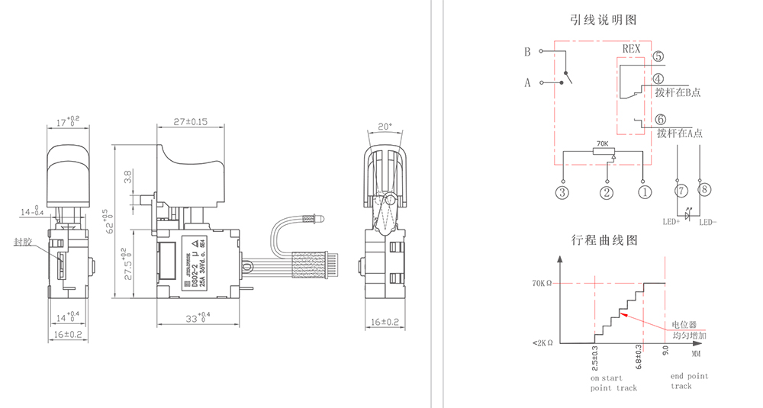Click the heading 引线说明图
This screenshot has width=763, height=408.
[x=604, y=19]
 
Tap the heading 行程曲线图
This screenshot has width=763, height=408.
[x=604, y=239]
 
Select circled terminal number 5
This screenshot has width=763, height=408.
[x=658, y=56]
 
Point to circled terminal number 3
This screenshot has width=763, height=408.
[x=562, y=192]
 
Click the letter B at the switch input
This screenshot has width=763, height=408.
[x=526, y=53]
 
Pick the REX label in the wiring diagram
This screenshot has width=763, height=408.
[x=632, y=47]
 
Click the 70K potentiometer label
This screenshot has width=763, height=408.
[x=602, y=143]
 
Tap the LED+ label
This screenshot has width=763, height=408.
[x=671, y=223]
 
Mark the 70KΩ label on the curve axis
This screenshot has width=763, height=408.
[x=542, y=284]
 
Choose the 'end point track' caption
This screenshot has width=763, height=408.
[x=689, y=381]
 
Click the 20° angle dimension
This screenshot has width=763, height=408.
[x=386, y=126]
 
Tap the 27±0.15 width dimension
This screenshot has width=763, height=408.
[x=191, y=121]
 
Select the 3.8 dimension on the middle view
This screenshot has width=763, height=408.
[x=128, y=176]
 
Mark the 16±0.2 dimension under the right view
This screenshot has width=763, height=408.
[x=385, y=322]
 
